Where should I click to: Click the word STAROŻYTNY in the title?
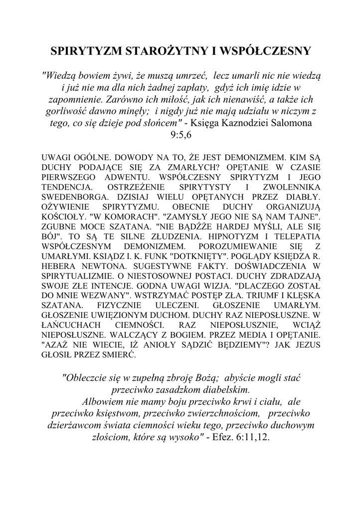coord(160,51)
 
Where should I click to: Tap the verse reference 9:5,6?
coord(180,134)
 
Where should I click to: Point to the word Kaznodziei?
coord(245,122)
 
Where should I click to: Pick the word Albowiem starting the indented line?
coord(103,402)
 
